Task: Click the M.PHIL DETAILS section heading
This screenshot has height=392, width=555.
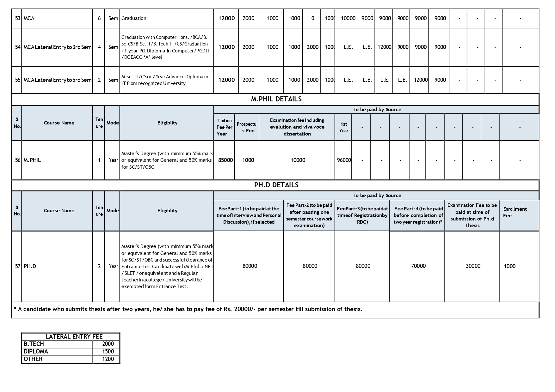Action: [x=276, y=99]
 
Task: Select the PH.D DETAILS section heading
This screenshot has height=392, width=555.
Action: [x=276, y=185]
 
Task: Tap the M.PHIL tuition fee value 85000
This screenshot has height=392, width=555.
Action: [x=225, y=160]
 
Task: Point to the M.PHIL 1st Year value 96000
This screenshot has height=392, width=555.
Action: [x=344, y=160]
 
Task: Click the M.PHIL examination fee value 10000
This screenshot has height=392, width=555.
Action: [x=298, y=160]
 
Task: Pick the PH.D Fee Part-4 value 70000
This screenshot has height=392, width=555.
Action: [x=418, y=266]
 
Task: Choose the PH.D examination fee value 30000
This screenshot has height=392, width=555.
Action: [x=473, y=266]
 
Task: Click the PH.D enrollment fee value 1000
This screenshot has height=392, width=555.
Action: [x=509, y=266]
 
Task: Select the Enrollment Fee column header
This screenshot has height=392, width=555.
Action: [x=515, y=212]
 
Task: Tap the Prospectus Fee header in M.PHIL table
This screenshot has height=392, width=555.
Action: [x=246, y=127]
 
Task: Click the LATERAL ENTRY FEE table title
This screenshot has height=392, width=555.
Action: [x=74, y=337]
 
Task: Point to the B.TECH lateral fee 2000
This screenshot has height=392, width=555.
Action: [x=108, y=344]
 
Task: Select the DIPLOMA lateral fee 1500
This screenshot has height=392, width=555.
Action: [x=108, y=352]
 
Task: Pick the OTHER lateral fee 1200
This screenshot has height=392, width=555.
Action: [x=108, y=359]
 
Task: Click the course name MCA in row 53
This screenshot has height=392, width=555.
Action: [x=29, y=18]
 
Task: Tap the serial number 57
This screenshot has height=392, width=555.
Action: [x=18, y=266]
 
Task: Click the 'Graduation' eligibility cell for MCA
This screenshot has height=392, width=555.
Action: [x=134, y=18]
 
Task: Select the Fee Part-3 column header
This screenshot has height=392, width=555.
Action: [x=362, y=215]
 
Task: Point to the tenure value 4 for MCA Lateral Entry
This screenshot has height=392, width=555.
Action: [x=99, y=47]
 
